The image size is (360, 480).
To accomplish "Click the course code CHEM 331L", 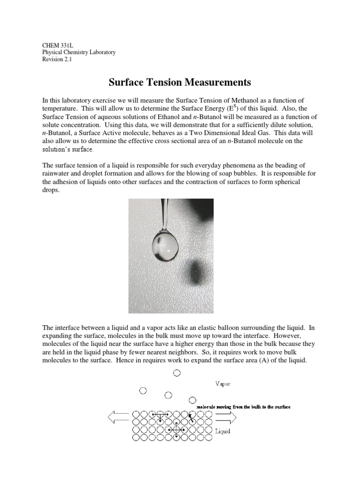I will [55, 45].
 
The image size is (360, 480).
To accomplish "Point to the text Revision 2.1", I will [57, 60].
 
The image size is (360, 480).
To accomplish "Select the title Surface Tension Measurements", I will [180, 82].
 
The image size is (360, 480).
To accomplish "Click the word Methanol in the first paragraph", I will [264, 100].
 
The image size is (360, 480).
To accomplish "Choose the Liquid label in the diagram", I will [222, 431].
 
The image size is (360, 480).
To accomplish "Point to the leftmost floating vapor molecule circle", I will [143, 390].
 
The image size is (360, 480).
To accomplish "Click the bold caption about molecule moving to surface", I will [243, 407].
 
